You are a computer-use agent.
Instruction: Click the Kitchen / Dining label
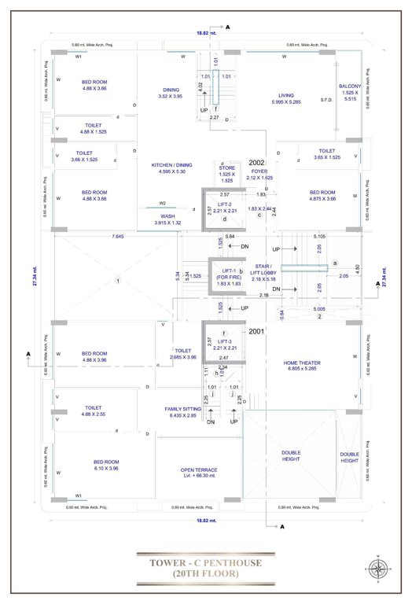tap(167, 168)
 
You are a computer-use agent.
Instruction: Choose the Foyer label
tap(259, 175)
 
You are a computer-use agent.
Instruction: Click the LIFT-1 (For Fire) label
tap(227, 275)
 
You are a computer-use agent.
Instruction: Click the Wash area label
tap(167, 219)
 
